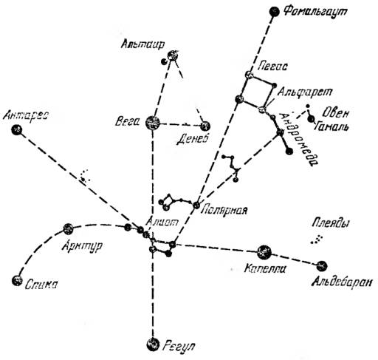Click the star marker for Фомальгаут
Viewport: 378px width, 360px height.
click(275, 12)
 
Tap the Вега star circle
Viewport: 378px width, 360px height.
click(153, 123)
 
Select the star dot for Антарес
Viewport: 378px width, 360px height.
click(17, 129)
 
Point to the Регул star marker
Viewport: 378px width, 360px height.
click(153, 344)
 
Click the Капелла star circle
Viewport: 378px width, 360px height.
click(264, 252)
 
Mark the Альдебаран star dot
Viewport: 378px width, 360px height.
click(322, 265)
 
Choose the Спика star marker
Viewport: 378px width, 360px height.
click(17, 280)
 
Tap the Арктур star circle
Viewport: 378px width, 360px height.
click(68, 229)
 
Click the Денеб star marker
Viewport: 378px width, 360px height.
click(205, 126)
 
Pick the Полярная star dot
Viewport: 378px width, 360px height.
click(196, 205)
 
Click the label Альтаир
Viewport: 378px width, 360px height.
click(142, 44)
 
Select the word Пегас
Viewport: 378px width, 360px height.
click(273, 66)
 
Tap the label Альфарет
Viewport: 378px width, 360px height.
click(305, 92)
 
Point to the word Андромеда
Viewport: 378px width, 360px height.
click(300, 139)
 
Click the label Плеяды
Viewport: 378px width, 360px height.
click(330, 223)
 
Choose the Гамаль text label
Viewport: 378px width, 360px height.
click(331, 127)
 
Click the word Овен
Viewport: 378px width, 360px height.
click(336, 113)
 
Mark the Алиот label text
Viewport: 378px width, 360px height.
click(162, 223)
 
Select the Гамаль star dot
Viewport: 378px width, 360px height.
click(312, 120)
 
